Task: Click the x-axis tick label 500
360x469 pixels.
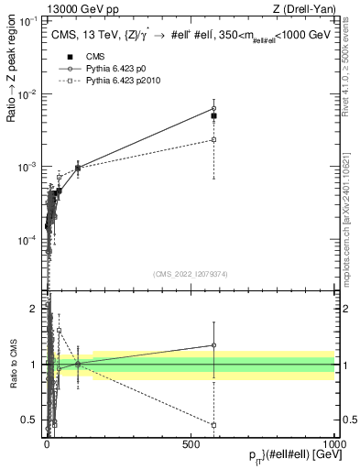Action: click(x=191, y=443)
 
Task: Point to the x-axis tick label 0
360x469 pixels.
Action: click(x=48, y=443)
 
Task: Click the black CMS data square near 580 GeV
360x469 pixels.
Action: click(x=213, y=116)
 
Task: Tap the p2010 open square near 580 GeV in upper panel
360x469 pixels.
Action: click(x=213, y=139)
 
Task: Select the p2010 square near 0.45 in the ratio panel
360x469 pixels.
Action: click(x=213, y=425)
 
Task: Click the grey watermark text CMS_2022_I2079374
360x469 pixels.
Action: click(x=191, y=275)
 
